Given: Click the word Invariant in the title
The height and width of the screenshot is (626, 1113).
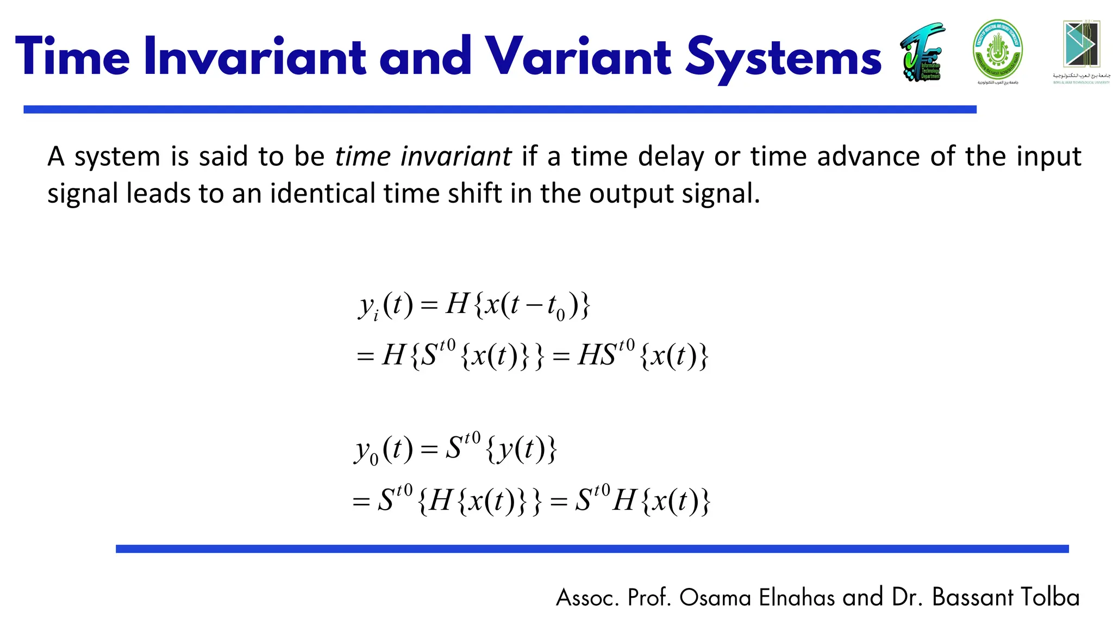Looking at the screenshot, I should coord(255,57).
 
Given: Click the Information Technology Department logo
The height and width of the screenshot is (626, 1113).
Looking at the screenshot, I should coord(923,52).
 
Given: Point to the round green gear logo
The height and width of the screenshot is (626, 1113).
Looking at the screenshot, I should coord(997,50).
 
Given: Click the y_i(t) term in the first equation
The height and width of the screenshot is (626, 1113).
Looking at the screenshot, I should coord(385,305).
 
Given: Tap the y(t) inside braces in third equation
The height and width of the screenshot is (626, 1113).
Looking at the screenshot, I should coord(521,449).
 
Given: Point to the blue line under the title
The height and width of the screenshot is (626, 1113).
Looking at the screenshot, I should coord(499,110).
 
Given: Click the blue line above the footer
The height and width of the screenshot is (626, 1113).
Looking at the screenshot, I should coord(592,549).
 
